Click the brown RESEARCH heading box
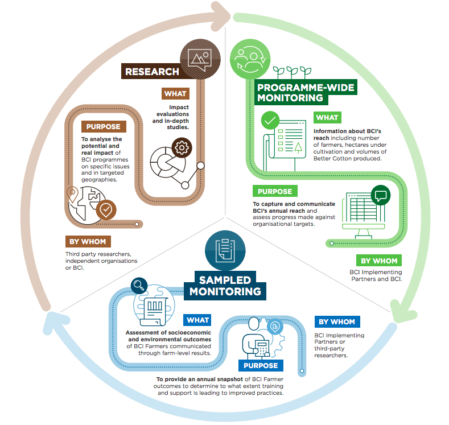151,72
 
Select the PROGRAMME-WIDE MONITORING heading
306,93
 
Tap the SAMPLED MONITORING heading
225,286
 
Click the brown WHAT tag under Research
175,93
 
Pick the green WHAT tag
327,118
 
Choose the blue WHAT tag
197,320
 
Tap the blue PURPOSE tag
261,365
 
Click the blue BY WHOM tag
337,322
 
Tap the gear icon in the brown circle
182,148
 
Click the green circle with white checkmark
270,120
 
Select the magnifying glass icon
138,285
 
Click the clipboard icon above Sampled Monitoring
225,249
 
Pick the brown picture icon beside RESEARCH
200,57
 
